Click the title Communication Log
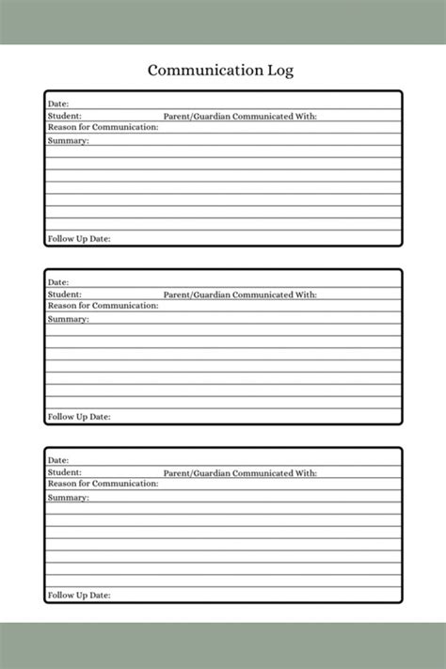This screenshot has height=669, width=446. click(x=221, y=70)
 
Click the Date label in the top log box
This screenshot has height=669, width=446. click(x=58, y=104)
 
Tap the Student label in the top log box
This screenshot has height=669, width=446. click(x=64, y=116)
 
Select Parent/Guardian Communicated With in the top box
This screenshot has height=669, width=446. click(x=240, y=116)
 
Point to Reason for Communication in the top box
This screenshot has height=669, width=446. click(x=103, y=127)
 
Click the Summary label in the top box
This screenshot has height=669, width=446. click(x=68, y=140)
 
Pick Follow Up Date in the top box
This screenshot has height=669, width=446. click(x=79, y=239)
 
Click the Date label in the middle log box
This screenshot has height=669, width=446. click(x=58, y=282)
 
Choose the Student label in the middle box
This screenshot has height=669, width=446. click(x=64, y=295)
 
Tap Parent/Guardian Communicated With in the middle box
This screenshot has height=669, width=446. click(x=240, y=295)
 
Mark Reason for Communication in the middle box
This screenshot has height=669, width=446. click(x=103, y=306)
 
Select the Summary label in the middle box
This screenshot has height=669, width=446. click(x=68, y=319)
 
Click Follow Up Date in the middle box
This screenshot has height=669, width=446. click(x=79, y=417)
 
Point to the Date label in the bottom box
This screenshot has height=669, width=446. click(x=58, y=460)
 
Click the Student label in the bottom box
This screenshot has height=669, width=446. click(x=64, y=472)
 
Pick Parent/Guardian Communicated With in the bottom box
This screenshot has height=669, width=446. click(x=240, y=472)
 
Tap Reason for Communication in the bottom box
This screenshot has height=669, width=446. click(x=103, y=484)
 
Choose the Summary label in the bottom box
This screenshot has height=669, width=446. click(x=68, y=497)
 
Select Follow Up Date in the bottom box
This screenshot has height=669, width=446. click(x=79, y=596)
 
